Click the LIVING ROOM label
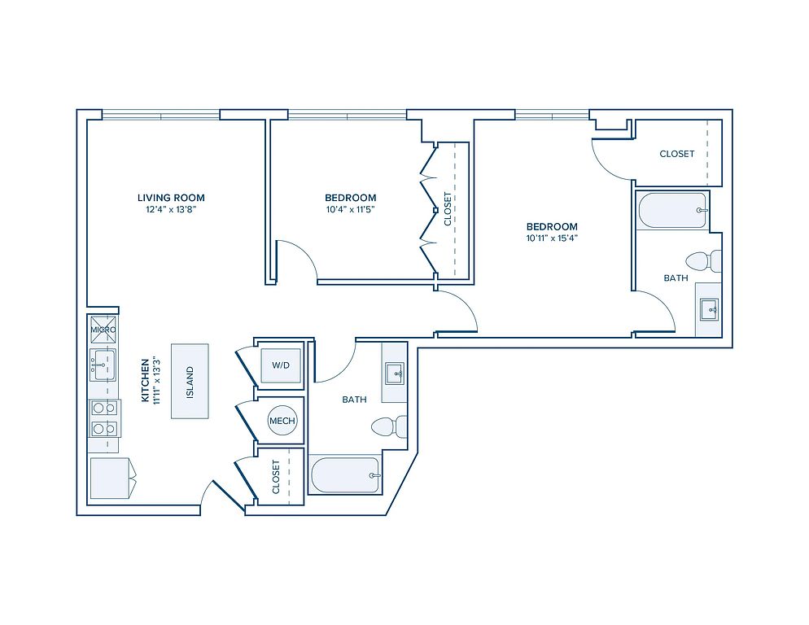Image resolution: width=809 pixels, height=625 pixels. click(171, 198)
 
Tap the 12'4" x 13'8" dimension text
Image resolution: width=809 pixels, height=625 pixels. click(172, 209)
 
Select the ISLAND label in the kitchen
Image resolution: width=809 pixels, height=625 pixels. click(190, 382)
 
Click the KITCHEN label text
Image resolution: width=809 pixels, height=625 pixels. click(145, 380)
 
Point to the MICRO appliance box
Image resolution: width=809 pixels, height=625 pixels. click(103, 330)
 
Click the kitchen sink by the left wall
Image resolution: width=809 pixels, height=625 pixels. click(103, 365)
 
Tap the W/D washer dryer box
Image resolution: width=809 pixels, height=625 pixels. click(281, 365)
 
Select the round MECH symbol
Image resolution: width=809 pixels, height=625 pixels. click(282, 421)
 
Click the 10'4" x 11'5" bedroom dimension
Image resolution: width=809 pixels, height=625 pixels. click(350, 209)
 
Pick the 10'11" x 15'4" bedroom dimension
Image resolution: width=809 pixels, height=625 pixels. click(552, 238)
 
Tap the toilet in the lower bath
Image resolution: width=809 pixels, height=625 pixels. click(389, 426)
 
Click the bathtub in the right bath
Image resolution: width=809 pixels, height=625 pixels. click(672, 211)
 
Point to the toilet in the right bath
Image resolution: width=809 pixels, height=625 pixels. click(703, 261)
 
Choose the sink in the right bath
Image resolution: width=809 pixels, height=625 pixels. click(709, 310)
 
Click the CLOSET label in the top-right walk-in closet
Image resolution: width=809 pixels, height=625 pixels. click(677, 154)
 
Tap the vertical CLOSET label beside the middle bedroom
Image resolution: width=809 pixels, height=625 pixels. click(448, 209)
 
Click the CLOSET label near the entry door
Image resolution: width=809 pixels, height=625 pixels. click(276, 477)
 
